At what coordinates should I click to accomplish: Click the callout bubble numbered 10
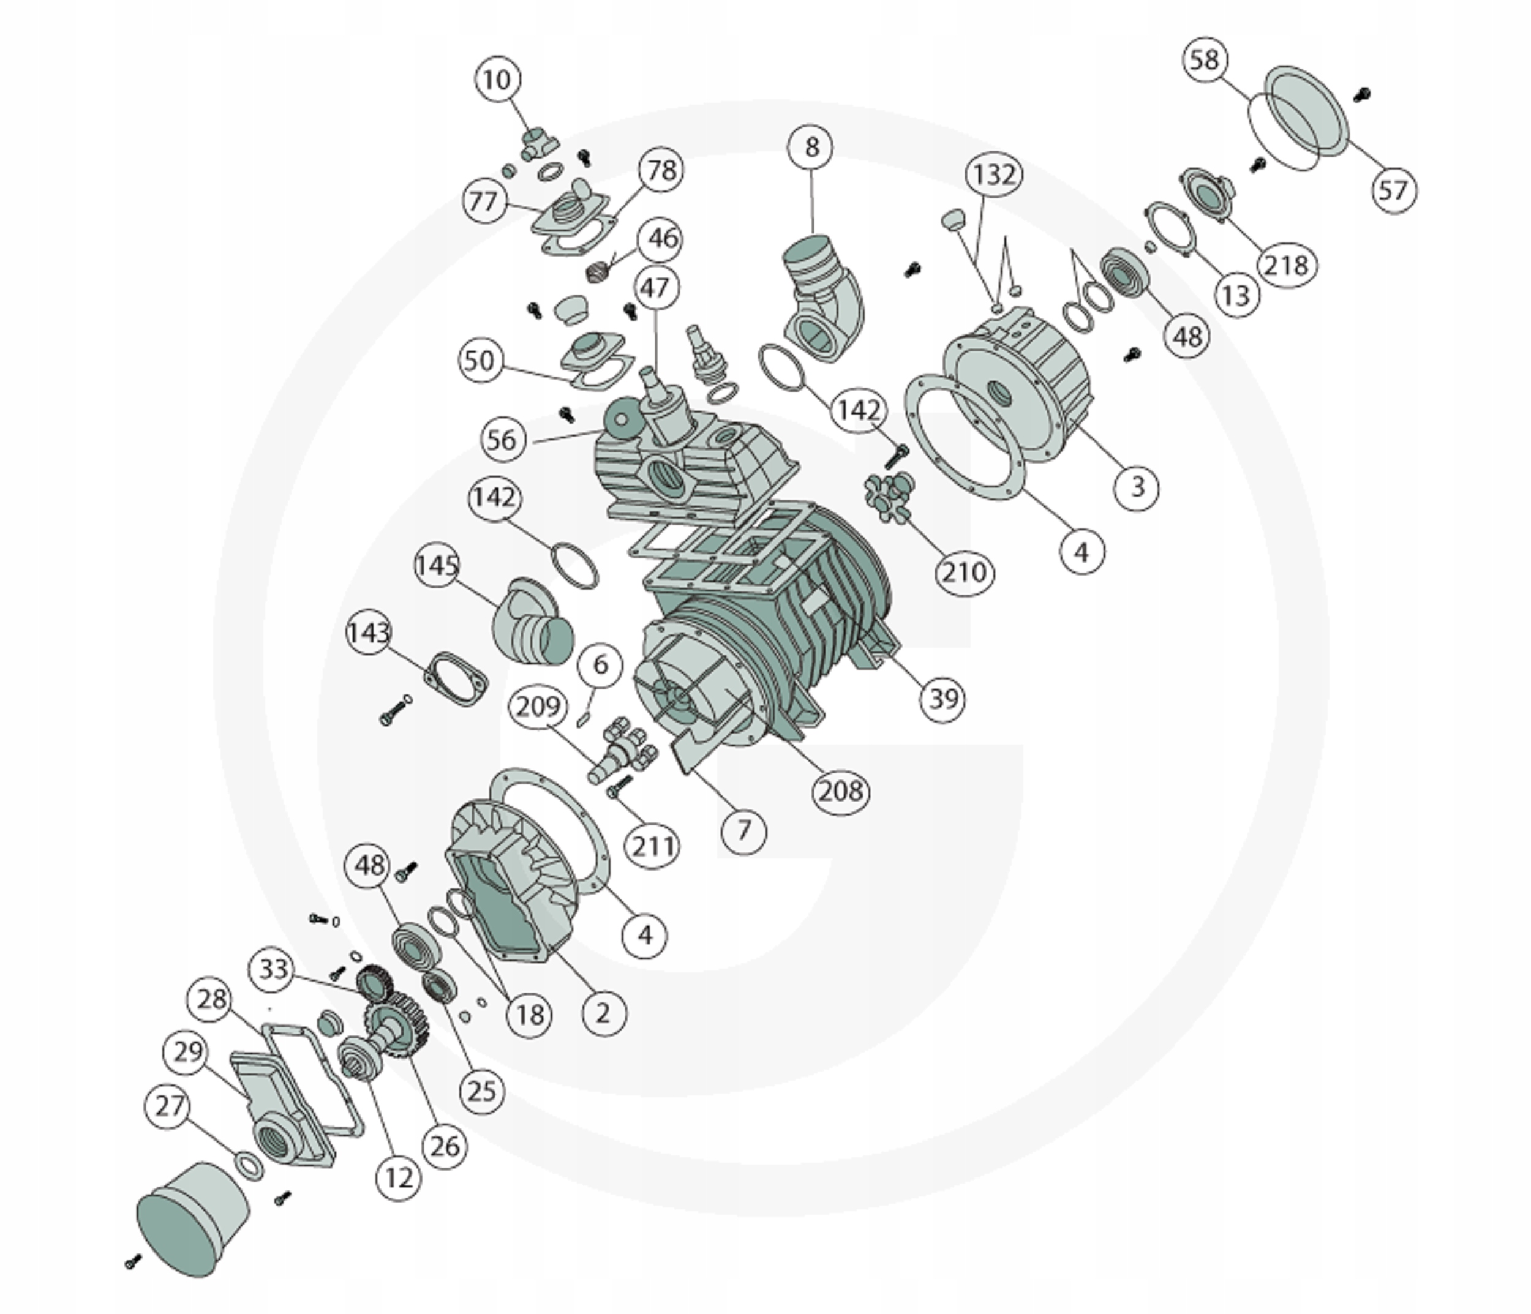coord(497,79)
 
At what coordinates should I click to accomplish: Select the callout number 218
coord(1287,265)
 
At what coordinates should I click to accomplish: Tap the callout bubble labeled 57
coord(1394,190)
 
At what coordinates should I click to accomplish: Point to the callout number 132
coord(994,175)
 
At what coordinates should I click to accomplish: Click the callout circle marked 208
coord(841,792)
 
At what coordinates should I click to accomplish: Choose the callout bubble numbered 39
coord(944,698)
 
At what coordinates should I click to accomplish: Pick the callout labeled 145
coord(437,566)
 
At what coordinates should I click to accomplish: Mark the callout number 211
coord(652,845)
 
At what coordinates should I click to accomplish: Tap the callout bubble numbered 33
coord(273,967)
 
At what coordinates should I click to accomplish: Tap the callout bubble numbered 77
coord(484,201)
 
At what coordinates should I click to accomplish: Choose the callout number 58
coord(1205,59)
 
